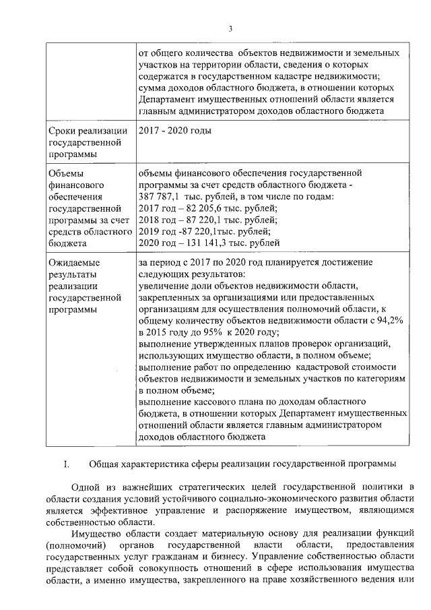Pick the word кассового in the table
(209, 402)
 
